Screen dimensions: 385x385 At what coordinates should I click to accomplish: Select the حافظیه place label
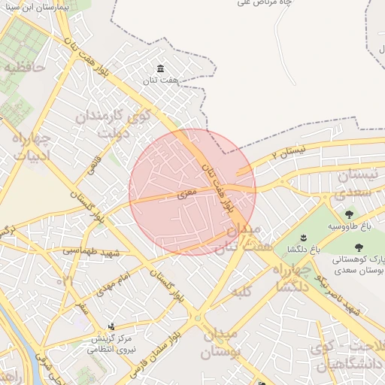(25, 67)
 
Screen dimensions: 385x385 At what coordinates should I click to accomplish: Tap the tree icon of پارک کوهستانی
(358, 247)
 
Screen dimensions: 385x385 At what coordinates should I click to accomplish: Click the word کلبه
(240, 290)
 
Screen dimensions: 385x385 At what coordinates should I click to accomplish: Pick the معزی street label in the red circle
(186, 195)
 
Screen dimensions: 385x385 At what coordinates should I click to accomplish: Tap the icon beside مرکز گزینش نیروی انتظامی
(112, 326)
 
